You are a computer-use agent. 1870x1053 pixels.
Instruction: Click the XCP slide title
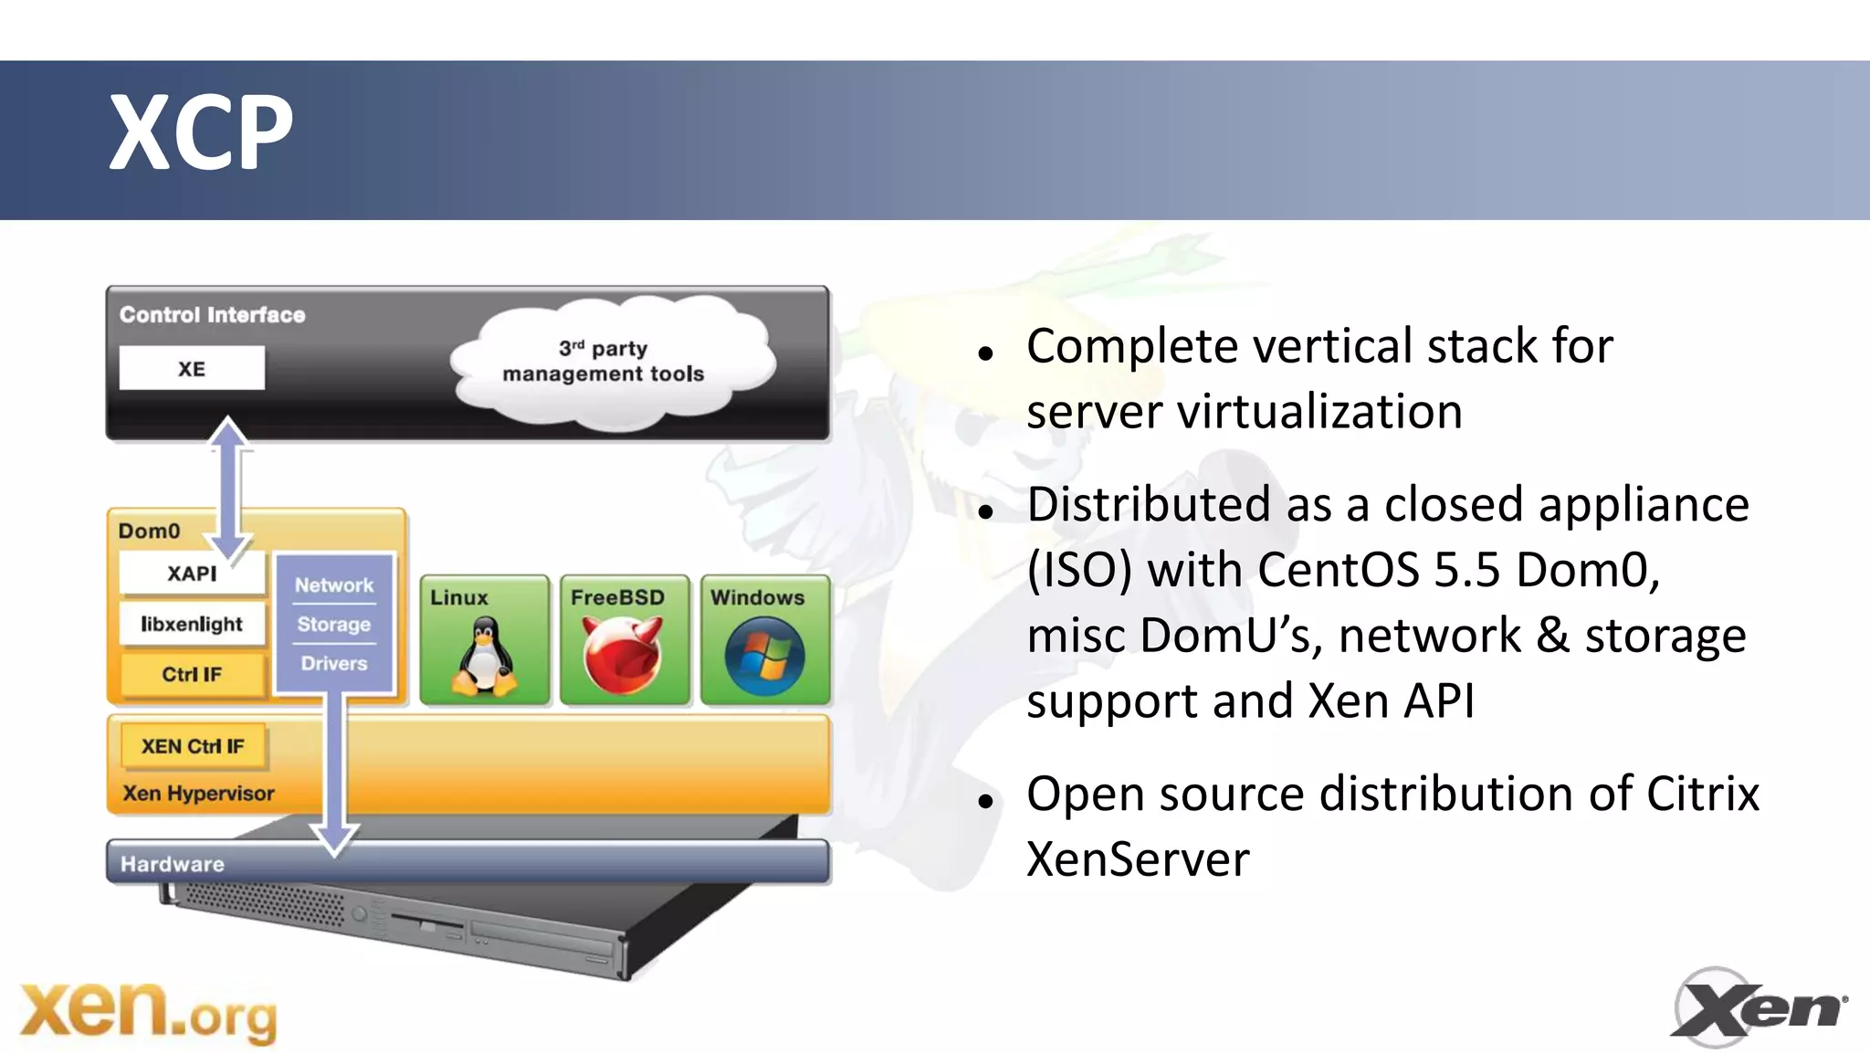pyautogui.click(x=201, y=133)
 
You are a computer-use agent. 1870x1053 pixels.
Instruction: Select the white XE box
pyautogui.click(x=192, y=368)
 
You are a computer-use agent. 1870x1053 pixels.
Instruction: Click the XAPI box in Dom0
pyautogui.click(x=191, y=574)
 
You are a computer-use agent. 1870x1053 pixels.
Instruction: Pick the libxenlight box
pyautogui.click(x=192, y=624)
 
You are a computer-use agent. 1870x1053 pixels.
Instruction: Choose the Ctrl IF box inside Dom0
pyautogui.click(x=192, y=674)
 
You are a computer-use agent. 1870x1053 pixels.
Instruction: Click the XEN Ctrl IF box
pyautogui.click(x=193, y=746)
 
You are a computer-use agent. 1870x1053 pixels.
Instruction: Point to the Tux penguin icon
pyautogui.click(x=484, y=656)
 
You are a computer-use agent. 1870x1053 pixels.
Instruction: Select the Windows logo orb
pyautogui.click(x=764, y=656)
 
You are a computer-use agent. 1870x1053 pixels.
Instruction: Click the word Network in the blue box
pyautogui.click(x=334, y=584)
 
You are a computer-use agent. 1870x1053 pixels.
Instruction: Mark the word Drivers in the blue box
pyautogui.click(x=334, y=663)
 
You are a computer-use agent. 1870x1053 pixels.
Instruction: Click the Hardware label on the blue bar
pyautogui.click(x=173, y=864)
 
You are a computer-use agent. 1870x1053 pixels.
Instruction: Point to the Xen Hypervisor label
pyautogui.click(x=199, y=793)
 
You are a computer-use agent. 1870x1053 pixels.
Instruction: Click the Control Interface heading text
pyautogui.click(x=213, y=315)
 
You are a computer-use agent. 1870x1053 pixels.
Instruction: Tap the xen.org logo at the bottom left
pyautogui.click(x=148, y=1011)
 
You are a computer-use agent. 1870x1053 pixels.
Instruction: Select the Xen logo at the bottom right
pyautogui.click(x=1758, y=1007)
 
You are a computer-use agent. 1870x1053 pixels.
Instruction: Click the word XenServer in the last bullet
pyautogui.click(x=1138, y=859)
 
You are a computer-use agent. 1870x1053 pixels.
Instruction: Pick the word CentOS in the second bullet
pyautogui.click(x=1338, y=570)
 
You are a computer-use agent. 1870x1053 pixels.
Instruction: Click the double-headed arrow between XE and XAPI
pyautogui.click(x=228, y=489)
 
